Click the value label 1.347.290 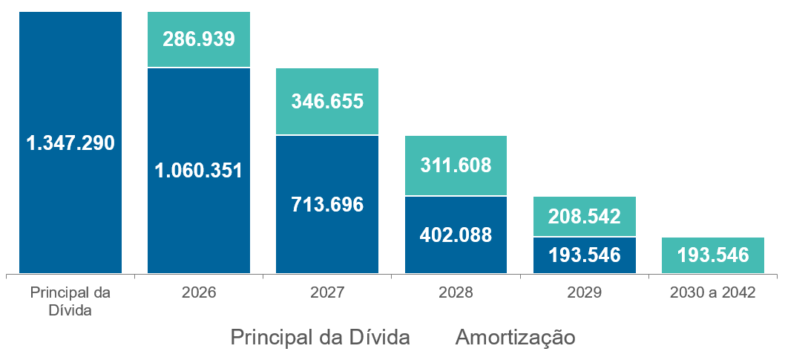coord(70,143)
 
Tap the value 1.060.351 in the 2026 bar coord(199,170)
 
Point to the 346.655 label coord(327,101)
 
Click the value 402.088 coord(456,235)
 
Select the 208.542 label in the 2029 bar coord(584,217)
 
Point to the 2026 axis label coord(199,292)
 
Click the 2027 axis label coord(327,292)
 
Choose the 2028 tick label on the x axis coord(456,292)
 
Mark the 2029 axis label coord(584,292)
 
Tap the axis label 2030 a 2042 coord(712,292)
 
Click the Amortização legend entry coord(516,337)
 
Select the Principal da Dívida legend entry coord(320,337)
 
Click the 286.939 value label coord(199,39)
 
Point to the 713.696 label coord(327,204)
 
